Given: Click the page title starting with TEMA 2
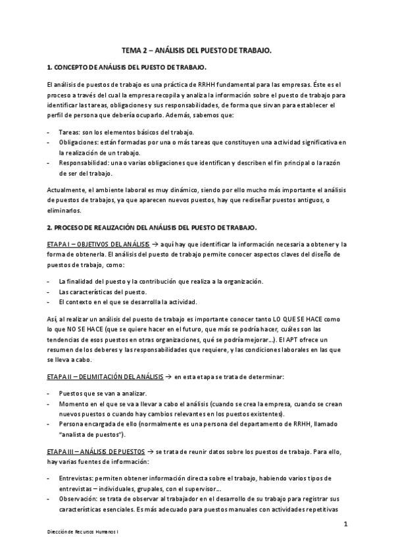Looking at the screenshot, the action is pyautogui.click(x=197, y=50).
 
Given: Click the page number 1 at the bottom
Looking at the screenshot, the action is pyautogui.click(x=345, y=524).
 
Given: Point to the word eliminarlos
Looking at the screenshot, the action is pyautogui.click(x=64, y=211).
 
